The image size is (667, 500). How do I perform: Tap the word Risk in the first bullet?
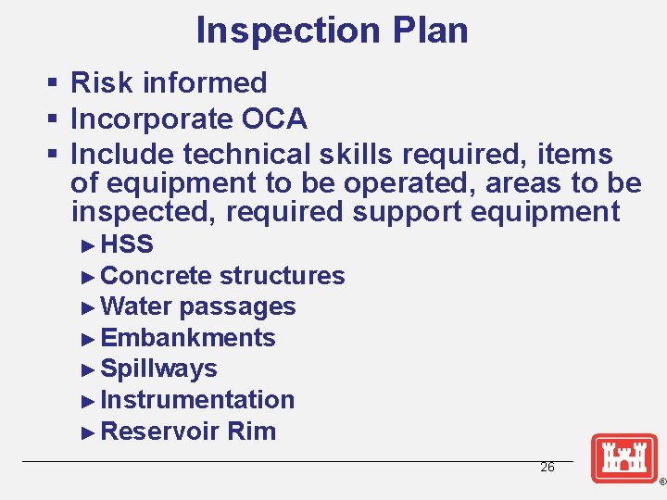[99, 82]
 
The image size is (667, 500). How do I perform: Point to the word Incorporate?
[152, 119]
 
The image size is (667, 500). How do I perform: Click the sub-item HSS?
[127, 244]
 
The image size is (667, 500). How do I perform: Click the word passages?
[238, 306]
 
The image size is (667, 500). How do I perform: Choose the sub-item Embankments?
[187, 338]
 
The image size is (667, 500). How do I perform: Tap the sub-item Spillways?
[158, 369]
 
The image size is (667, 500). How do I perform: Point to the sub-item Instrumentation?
[197, 400]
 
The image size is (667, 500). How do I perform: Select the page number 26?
[547, 468]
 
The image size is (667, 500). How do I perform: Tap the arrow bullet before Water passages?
[88, 306]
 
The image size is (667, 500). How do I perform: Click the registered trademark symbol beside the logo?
[661, 482]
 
